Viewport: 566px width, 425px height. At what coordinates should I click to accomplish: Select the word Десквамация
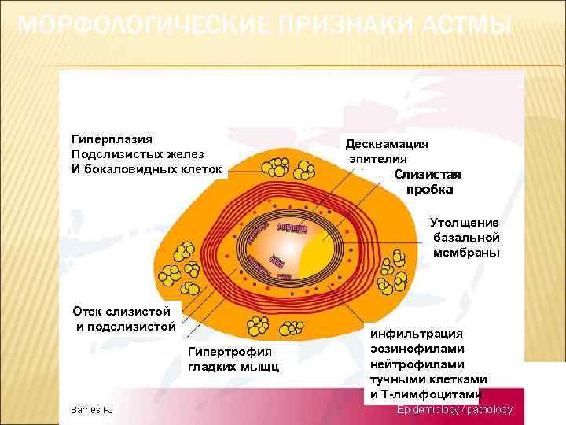tap(387, 144)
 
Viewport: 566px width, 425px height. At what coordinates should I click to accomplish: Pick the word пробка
tap(429, 190)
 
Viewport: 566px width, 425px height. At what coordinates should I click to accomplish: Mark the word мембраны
tap(466, 253)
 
